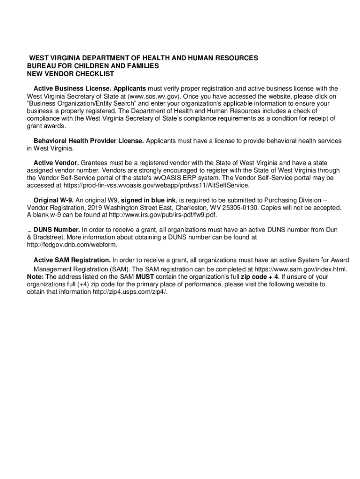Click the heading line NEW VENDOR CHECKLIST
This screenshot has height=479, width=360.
click(71, 74)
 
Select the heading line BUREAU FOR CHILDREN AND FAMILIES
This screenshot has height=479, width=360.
click(93, 66)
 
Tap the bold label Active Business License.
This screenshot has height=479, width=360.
click(72, 88)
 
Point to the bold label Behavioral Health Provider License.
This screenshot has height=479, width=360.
click(89, 141)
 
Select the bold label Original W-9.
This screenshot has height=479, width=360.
click(54, 200)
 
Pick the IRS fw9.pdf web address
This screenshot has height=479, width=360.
click(163, 215)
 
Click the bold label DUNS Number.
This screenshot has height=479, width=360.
click(57, 230)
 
